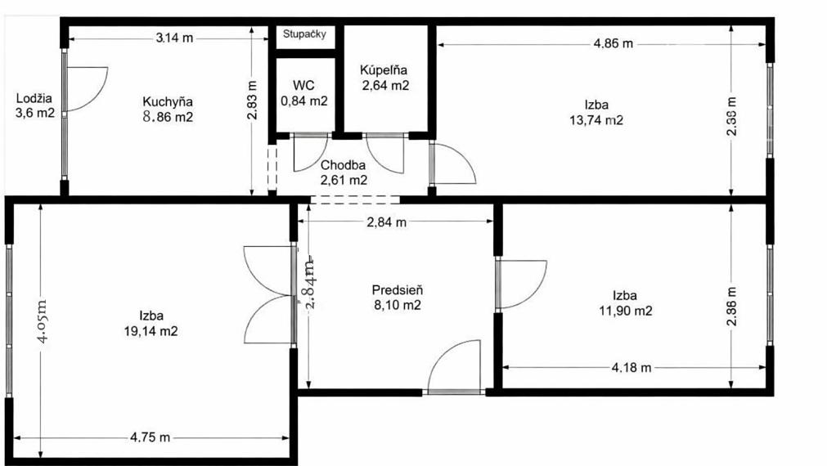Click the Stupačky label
(x=305, y=34)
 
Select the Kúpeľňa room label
(x=384, y=70)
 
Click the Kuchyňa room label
(x=168, y=102)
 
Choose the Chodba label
(x=343, y=164)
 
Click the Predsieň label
(x=397, y=289)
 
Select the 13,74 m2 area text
(x=596, y=120)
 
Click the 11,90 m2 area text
(x=625, y=311)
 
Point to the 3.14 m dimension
(x=174, y=36)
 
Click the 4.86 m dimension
(x=613, y=43)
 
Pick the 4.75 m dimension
(x=151, y=437)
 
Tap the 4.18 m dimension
(x=631, y=367)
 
